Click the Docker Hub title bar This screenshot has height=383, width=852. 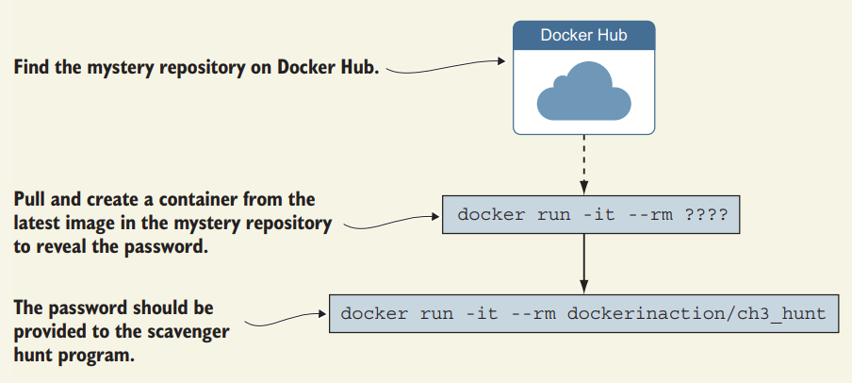tap(584, 35)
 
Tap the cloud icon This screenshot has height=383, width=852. tap(584, 91)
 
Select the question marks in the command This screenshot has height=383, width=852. tap(706, 214)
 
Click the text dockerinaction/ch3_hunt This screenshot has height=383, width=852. tap(696, 314)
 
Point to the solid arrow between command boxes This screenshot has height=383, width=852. tap(584, 264)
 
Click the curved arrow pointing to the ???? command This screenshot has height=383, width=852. tap(392, 222)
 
